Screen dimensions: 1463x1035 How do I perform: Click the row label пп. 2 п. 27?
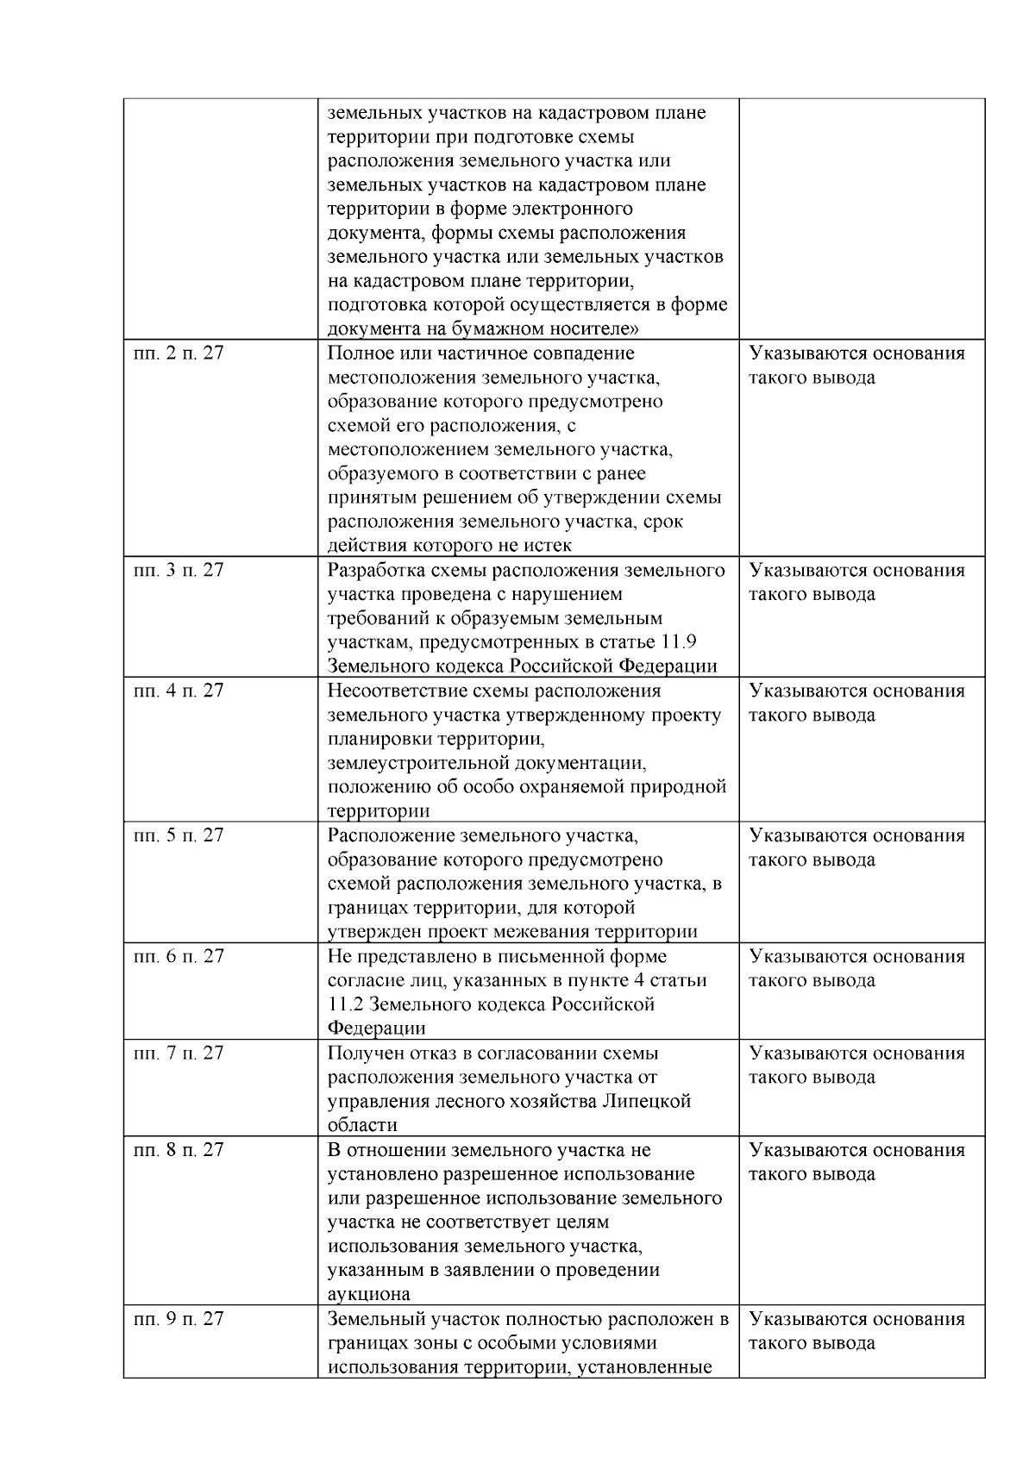[178, 353]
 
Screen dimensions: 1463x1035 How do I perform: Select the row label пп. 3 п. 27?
[178, 571]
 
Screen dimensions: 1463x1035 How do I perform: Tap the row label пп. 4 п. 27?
[178, 691]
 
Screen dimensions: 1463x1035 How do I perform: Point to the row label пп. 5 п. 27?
[178, 836]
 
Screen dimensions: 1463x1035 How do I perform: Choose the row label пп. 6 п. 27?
[178, 957]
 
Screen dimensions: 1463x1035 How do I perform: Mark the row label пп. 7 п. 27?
[178, 1053]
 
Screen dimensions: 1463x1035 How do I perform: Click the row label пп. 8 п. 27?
[178, 1150]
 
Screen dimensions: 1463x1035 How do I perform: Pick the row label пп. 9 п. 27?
[178, 1319]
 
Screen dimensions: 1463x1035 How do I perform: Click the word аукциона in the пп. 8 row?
[368, 1295]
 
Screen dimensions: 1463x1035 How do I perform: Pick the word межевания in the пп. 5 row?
[545, 932]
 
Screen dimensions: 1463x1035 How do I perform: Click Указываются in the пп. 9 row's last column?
[806, 1319]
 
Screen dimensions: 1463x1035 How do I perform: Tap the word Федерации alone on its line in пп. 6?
[376, 1029]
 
